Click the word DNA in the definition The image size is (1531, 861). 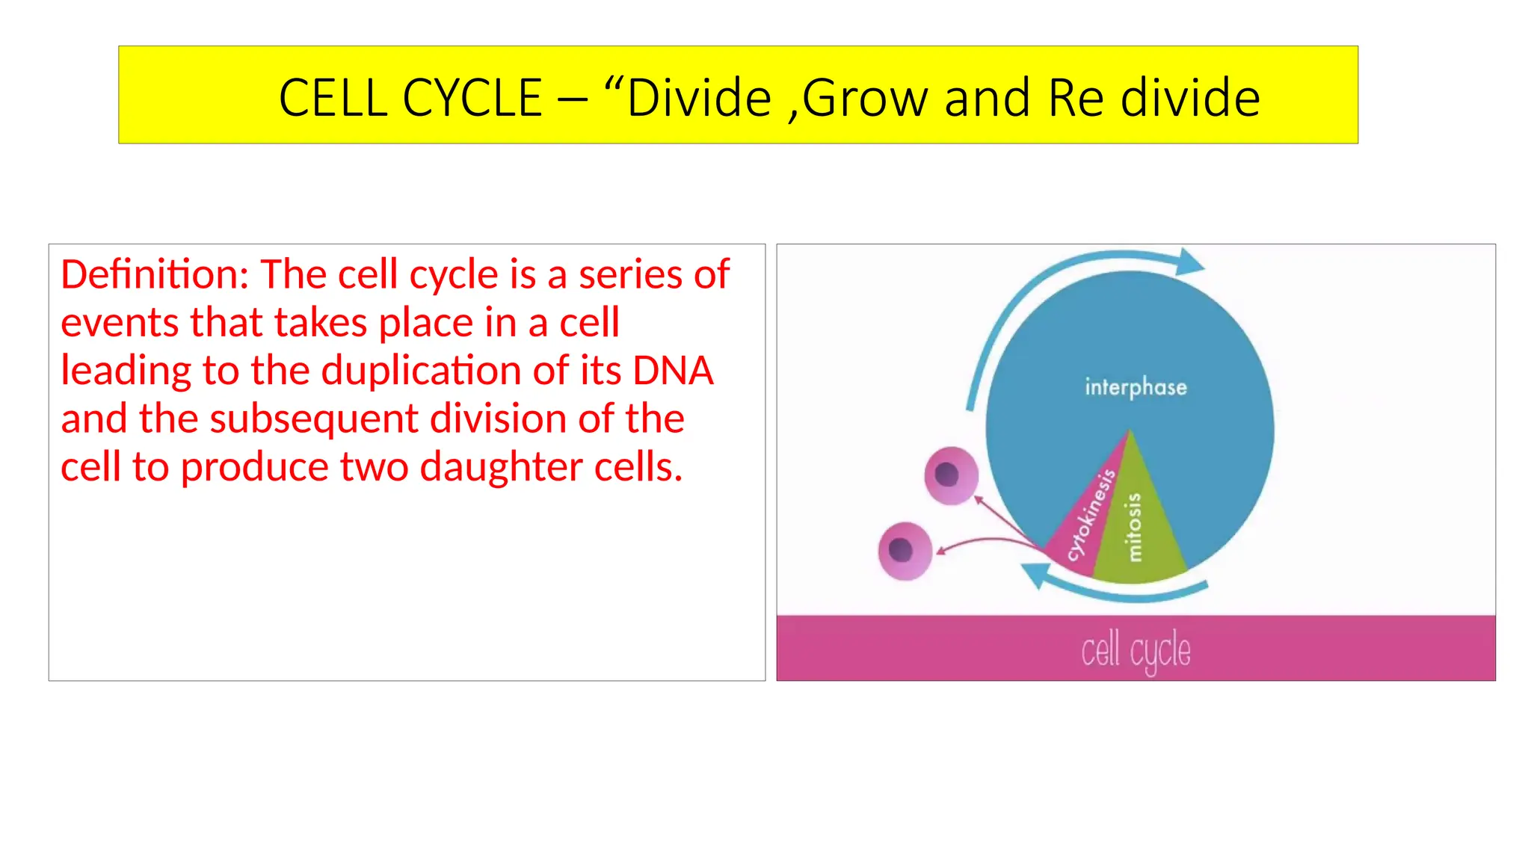tap(673, 371)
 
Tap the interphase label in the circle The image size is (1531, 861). tap(1136, 387)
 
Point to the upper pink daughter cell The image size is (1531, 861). tap(951, 475)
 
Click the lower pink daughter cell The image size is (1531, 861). tap(905, 551)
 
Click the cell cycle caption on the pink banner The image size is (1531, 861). tap(1136, 649)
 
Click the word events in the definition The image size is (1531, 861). tap(120, 323)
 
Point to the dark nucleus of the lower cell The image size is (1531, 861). tap(901, 550)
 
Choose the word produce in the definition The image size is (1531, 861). tap(254, 467)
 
